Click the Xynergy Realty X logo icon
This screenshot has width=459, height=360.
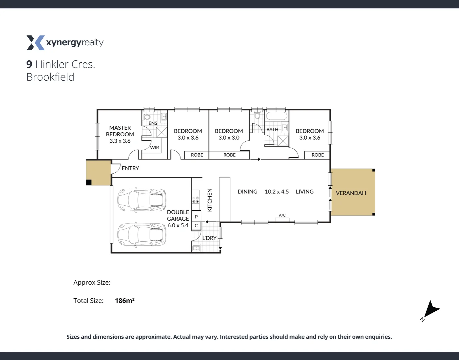tap(35, 43)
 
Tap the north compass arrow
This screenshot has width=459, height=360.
tap(431, 309)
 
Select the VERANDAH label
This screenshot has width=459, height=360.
tap(351, 193)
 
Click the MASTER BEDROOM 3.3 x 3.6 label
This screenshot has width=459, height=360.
tap(120, 134)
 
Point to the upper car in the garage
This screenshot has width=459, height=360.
tap(142, 200)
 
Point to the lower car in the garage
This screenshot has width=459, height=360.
tap(142, 235)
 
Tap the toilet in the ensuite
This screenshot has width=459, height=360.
tap(147, 117)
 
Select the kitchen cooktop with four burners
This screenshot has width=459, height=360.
tap(195, 199)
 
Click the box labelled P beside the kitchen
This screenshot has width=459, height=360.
tap(196, 217)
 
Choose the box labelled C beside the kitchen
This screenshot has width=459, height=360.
tap(196, 226)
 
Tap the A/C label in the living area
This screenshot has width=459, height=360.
tap(282, 215)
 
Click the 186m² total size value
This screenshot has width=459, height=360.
tap(124, 301)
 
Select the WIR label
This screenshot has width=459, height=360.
tap(154, 148)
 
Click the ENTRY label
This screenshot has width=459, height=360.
tap(130, 168)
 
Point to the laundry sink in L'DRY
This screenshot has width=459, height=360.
tap(196, 248)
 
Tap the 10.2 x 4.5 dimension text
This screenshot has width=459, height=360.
tap(277, 192)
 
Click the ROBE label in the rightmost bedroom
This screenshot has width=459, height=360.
tap(318, 155)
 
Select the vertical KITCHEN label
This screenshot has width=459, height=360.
tap(210, 200)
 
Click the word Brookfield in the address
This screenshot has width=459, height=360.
tap(50, 77)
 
